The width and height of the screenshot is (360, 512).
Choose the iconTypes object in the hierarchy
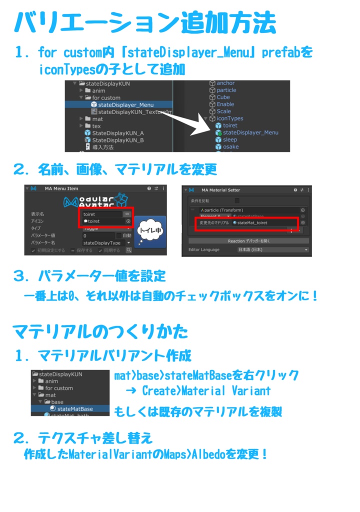pyautogui.click(x=229, y=118)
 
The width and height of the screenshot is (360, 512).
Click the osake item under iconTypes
pyautogui.click(x=230, y=147)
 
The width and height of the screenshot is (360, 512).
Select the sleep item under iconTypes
pyautogui.click(x=229, y=140)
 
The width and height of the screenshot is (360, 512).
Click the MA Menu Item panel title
pyautogui.click(x=61, y=188)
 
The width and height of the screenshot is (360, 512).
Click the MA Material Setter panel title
pyautogui.click(x=220, y=190)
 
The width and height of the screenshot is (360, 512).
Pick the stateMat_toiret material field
pyautogui.click(x=265, y=222)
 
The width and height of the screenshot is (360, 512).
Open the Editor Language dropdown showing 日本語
pyautogui.click(x=272, y=249)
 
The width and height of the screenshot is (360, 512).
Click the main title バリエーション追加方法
pyautogui.click(x=145, y=22)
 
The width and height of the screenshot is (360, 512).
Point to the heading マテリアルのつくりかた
pyautogui.click(x=100, y=331)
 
